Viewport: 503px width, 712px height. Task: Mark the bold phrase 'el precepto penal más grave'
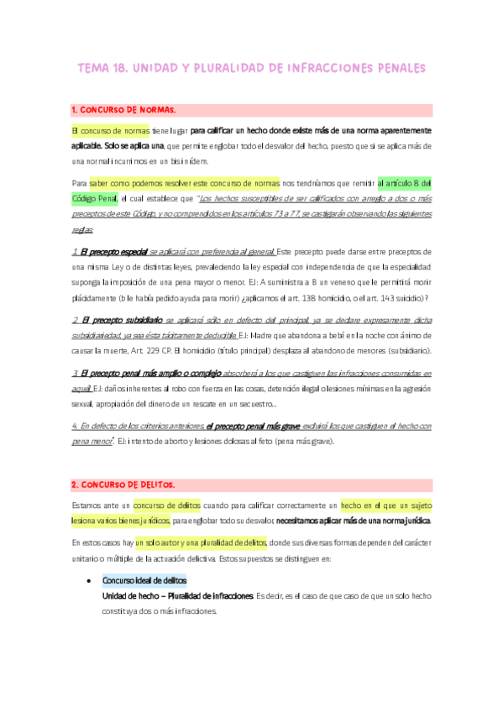(254, 426)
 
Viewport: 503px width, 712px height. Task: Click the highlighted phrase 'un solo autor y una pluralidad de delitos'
(200, 542)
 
